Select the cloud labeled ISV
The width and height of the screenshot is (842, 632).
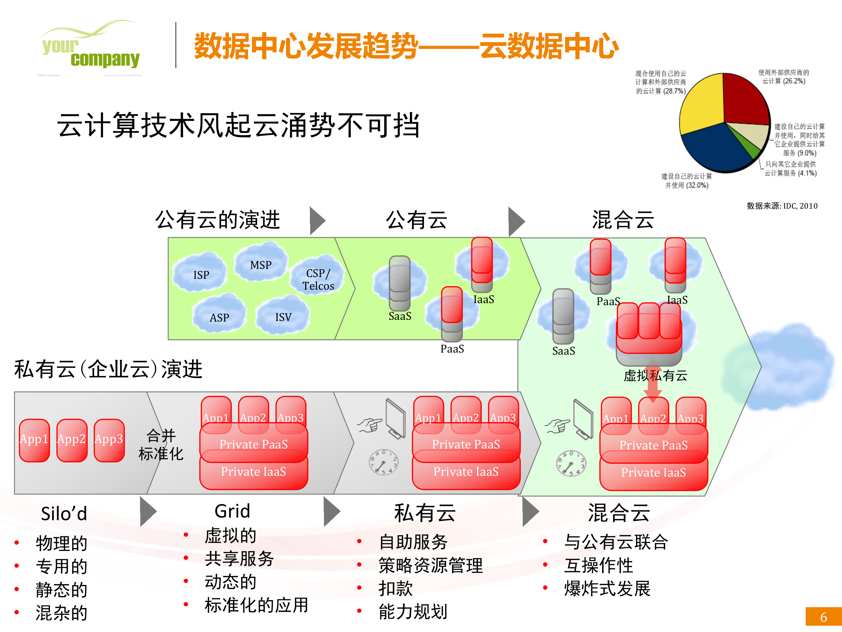(283, 316)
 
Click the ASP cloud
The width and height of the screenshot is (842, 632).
(219, 316)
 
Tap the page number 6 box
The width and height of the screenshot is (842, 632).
(823, 616)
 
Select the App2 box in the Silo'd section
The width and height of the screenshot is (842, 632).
(72, 440)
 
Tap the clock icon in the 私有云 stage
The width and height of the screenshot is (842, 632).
(383, 462)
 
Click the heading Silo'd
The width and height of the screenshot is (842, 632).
(64, 513)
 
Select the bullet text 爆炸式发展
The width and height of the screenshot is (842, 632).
(607, 589)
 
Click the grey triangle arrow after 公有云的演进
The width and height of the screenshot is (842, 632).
(317, 221)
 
